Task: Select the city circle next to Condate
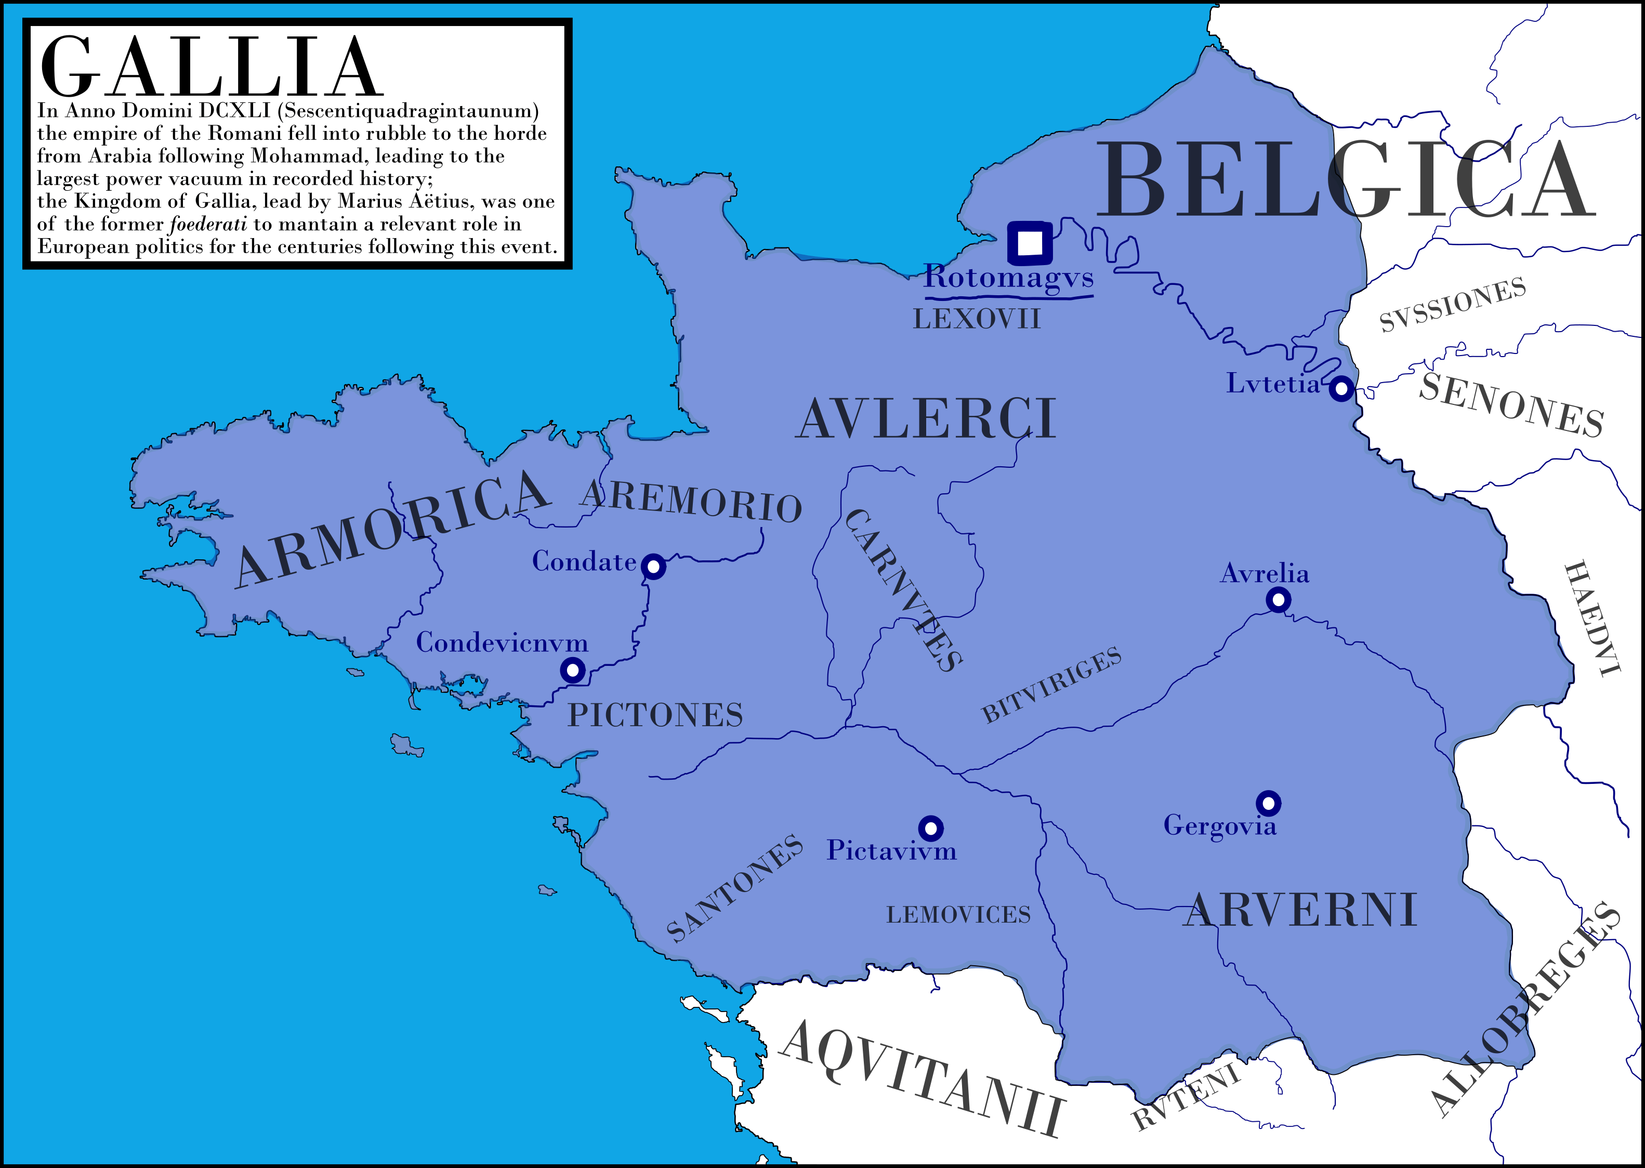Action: pyautogui.click(x=653, y=567)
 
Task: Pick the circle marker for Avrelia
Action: pyautogui.click(x=1278, y=599)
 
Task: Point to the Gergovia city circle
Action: pyautogui.click(x=1268, y=803)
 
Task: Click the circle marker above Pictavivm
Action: pyautogui.click(x=930, y=829)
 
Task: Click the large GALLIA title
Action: pyautogui.click(x=209, y=68)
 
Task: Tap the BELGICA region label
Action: pyautogui.click(x=1345, y=180)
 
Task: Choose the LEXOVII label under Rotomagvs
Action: pyautogui.click(x=977, y=319)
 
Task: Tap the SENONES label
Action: pyautogui.click(x=1511, y=405)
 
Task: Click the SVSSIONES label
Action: pyautogui.click(x=1452, y=305)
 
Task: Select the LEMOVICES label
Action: pyautogui.click(x=958, y=915)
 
